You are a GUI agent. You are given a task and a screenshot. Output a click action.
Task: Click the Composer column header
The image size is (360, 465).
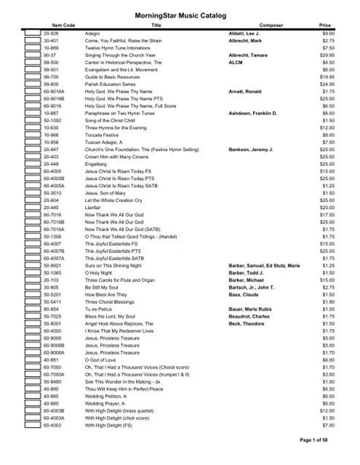(261, 25)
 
